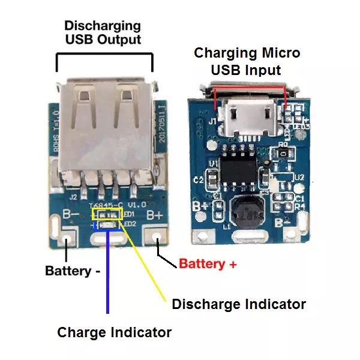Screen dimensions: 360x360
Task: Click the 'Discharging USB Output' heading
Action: point(103,32)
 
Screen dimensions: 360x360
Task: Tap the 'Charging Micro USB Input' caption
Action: point(247,61)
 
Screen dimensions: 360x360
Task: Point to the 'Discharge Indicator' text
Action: point(239,304)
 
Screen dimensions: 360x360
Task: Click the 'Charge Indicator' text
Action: point(114,332)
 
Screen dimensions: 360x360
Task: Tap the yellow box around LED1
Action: point(110,213)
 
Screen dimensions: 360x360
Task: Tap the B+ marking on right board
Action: point(199,206)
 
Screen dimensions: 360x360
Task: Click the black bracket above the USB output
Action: point(104,55)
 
